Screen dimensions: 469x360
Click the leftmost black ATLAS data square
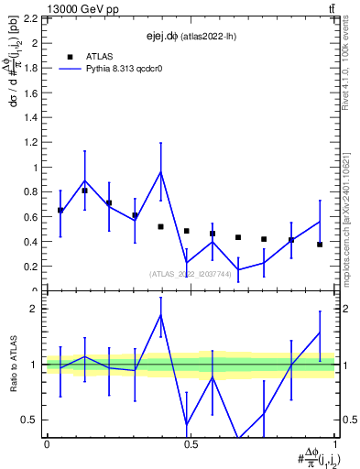click(60, 211)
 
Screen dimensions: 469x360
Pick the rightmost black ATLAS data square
click(320, 245)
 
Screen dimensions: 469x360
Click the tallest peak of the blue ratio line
click(161, 315)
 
